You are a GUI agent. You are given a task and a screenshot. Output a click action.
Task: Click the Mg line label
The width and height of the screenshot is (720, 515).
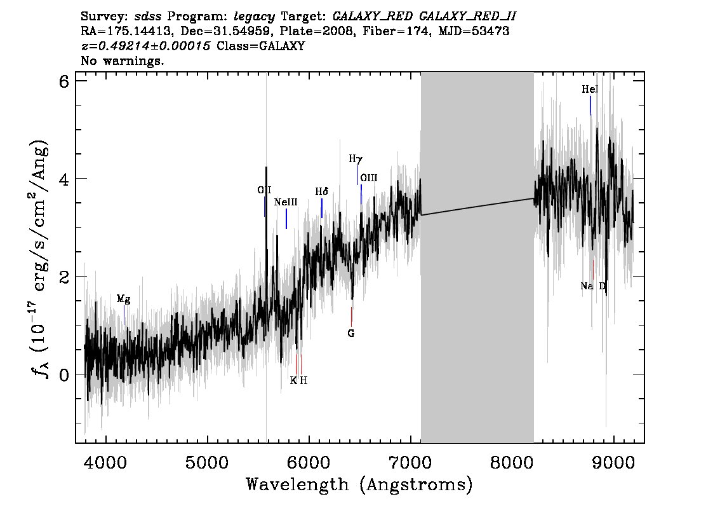tap(124, 299)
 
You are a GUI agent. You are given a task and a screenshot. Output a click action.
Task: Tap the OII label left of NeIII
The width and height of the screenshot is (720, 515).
tap(264, 190)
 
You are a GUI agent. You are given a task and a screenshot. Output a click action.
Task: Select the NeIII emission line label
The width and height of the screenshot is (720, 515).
tap(286, 202)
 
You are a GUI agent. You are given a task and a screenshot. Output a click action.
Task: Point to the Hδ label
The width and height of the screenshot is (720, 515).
tap(321, 192)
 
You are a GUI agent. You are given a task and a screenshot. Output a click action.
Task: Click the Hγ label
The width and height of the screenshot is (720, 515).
tap(356, 159)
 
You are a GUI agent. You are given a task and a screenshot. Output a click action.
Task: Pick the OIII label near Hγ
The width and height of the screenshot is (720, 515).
tap(369, 178)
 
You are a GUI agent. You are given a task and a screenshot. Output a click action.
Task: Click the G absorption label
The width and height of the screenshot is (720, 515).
tap(351, 333)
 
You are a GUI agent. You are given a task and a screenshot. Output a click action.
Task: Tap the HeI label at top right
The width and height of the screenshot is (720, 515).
tap(590, 89)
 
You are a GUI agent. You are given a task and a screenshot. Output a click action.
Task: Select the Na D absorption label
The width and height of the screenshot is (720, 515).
tap(593, 286)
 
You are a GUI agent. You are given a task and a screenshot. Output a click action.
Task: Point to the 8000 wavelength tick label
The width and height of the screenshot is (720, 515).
tap(511, 463)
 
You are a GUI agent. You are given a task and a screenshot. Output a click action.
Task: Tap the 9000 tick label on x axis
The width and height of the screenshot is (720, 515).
tap(613, 463)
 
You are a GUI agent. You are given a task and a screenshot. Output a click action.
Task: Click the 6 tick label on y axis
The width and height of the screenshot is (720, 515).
tap(64, 81)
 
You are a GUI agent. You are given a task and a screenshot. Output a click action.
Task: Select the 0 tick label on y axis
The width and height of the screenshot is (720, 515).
tap(64, 374)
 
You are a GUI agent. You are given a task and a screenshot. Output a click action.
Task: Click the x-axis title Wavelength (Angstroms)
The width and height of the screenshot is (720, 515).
tap(359, 484)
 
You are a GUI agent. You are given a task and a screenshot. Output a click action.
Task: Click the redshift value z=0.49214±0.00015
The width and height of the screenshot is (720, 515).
tap(145, 46)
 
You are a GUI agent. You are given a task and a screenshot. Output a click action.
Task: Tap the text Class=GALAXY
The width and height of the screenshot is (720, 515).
tap(260, 46)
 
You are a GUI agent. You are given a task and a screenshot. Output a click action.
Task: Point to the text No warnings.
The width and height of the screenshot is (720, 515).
tap(122, 60)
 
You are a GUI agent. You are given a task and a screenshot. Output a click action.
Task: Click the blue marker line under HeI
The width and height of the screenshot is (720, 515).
tap(590, 106)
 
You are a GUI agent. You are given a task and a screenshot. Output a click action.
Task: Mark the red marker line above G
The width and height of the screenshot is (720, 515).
tap(351, 317)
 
